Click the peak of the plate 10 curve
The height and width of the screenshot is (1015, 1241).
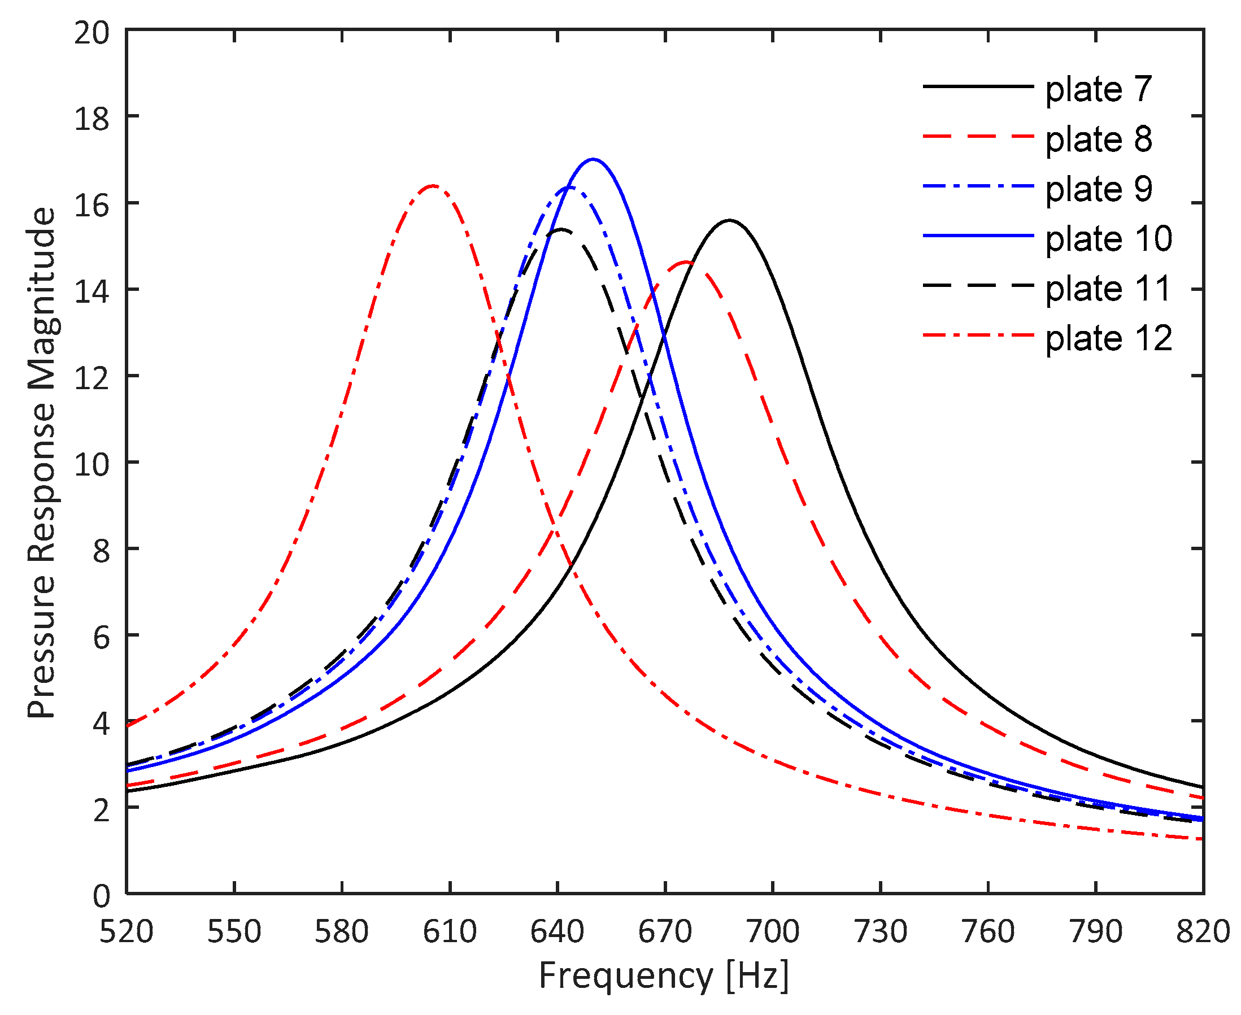point(593,159)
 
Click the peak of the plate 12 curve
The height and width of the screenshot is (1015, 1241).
point(433,186)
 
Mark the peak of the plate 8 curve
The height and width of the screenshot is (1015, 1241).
point(687,262)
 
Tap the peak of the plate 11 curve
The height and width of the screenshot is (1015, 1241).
point(561,229)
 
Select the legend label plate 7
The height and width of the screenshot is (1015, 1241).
point(1098,89)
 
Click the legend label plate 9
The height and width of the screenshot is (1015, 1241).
point(1098,189)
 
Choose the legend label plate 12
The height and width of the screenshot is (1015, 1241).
point(1108,338)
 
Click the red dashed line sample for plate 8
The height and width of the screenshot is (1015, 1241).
point(978,136)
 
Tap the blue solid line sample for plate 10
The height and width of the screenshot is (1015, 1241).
point(978,236)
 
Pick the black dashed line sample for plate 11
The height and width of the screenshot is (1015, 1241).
point(978,285)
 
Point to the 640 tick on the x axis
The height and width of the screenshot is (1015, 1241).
point(558,893)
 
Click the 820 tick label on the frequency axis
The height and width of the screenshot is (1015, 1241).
point(1203,932)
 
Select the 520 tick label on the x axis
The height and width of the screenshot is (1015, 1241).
point(127,932)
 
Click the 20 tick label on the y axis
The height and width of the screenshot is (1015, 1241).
point(92,33)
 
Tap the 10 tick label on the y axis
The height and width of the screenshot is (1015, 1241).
point(92,466)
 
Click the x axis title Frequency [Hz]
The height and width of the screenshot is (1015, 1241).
point(664,976)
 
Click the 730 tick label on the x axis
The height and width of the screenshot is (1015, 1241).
point(880,932)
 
